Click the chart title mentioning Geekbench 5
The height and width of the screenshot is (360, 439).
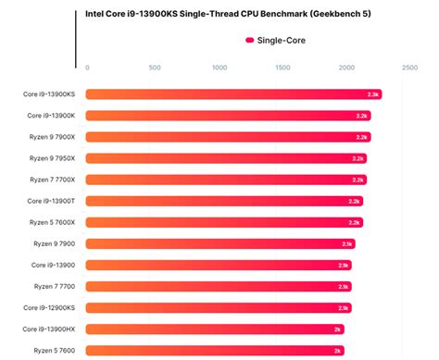pos(235,14)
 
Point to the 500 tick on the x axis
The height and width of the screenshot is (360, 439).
pos(154,68)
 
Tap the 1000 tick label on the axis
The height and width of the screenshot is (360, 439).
pos(219,68)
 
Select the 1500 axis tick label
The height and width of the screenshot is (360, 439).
pos(282,68)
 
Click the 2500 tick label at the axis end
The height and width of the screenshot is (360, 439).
pos(408,68)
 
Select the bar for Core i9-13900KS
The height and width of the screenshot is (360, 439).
pos(232,94)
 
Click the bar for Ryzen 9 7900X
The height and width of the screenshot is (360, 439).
pos(227,137)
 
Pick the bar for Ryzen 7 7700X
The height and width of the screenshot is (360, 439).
pos(225,180)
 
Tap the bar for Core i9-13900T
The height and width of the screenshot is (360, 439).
pos(224,201)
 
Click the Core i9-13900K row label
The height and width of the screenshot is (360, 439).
pos(51,116)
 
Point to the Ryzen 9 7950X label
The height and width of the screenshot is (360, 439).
pos(53,158)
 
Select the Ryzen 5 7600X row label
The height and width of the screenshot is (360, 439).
pos(53,222)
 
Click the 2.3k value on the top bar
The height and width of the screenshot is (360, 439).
pos(372,94)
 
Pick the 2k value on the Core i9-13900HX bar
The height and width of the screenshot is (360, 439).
pos(337,329)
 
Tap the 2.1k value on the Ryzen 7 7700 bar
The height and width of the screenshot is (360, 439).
pos(344,286)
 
